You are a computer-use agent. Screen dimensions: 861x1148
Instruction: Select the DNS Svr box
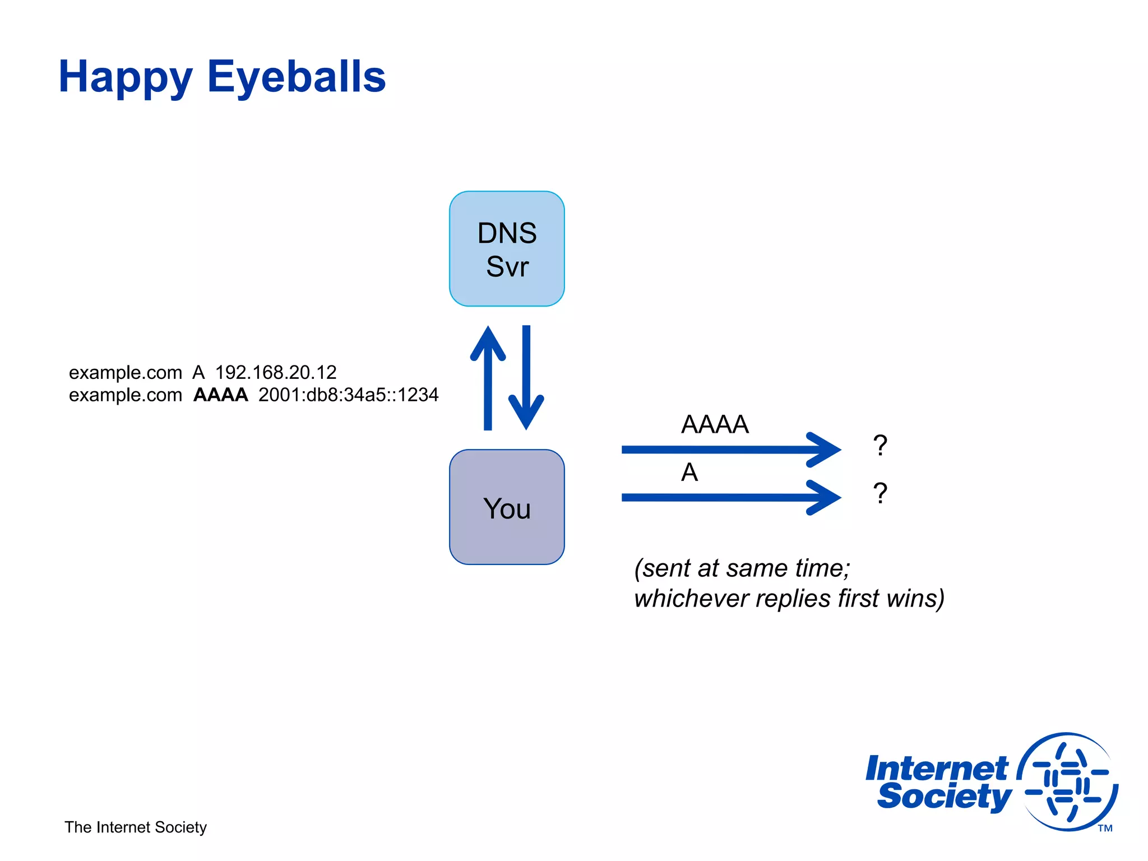507,249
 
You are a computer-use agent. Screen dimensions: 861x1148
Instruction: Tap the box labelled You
507,507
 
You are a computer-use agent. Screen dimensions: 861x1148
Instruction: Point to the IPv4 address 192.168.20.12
276,372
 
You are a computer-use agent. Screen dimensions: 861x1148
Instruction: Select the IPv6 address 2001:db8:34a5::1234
348,395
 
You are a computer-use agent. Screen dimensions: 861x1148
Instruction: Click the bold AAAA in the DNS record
220,395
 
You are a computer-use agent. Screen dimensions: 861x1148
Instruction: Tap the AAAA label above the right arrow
715,424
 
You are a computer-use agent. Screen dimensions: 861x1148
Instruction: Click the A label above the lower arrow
689,472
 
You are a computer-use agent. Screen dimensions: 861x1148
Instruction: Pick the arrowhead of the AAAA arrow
824,450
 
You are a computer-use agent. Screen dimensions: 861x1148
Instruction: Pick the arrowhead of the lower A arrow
824,497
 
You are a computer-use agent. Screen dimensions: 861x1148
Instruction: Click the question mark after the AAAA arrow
880,446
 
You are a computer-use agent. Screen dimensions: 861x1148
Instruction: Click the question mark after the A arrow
880,494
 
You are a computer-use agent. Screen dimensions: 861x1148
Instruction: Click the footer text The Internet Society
136,827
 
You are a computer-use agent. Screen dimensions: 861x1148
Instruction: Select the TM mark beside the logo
1105,828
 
